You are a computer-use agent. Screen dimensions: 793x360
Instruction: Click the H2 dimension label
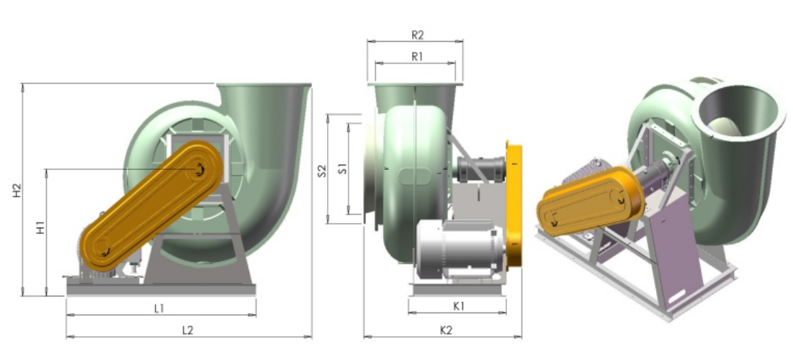point(17,190)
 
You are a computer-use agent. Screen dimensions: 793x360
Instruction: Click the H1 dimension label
point(40,228)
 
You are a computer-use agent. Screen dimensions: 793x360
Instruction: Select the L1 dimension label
point(159,308)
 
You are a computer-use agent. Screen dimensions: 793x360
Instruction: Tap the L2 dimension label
point(188,330)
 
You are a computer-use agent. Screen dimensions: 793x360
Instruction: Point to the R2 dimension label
point(417,35)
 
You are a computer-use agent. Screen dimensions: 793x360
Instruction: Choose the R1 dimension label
point(417,57)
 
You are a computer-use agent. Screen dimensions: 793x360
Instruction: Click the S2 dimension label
point(322,171)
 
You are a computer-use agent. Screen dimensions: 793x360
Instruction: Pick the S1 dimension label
point(342,168)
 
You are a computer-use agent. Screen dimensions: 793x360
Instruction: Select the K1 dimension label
point(459,306)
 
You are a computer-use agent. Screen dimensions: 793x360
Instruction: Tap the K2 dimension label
point(446,330)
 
